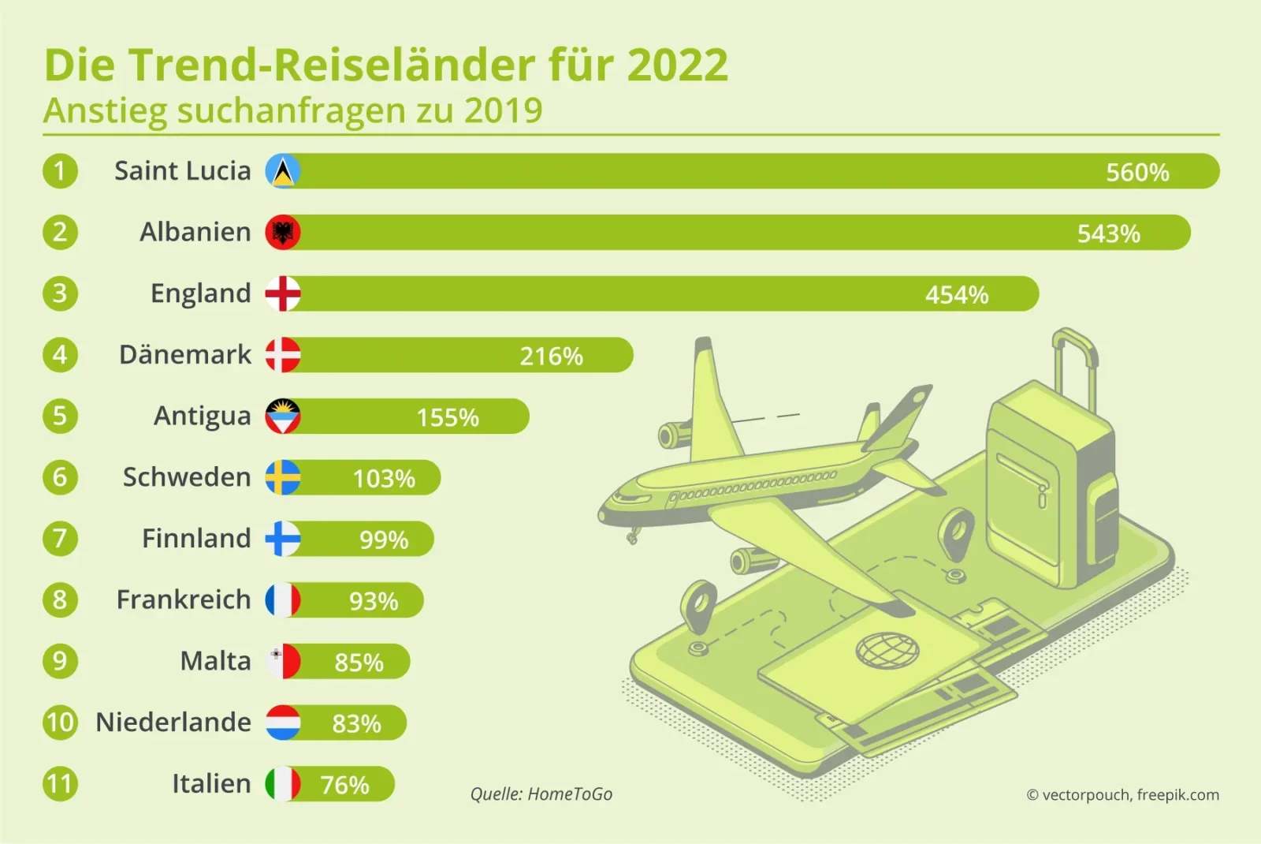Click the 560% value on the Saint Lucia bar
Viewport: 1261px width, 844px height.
click(x=1136, y=172)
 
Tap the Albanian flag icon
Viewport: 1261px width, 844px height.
click(x=283, y=233)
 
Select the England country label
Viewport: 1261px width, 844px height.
click(x=200, y=293)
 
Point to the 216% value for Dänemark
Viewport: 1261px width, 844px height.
click(x=551, y=356)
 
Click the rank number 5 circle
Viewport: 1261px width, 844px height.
click(x=60, y=416)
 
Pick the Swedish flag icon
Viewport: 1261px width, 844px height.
click(x=283, y=477)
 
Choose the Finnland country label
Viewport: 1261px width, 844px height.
click(x=196, y=538)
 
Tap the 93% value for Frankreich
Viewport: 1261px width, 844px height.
click(x=374, y=601)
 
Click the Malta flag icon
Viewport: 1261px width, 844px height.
click(x=283, y=661)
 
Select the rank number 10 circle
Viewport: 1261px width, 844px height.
click(x=60, y=722)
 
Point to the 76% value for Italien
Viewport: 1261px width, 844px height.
click(x=344, y=785)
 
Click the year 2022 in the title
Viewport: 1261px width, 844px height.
click(x=677, y=65)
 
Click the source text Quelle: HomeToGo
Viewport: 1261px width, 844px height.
click(x=541, y=794)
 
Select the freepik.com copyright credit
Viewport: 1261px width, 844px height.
click(x=1122, y=795)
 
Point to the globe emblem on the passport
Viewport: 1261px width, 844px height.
click(x=887, y=651)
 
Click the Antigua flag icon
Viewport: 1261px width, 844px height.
click(x=283, y=416)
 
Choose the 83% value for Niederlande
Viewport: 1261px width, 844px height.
click(x=356, y=723)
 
